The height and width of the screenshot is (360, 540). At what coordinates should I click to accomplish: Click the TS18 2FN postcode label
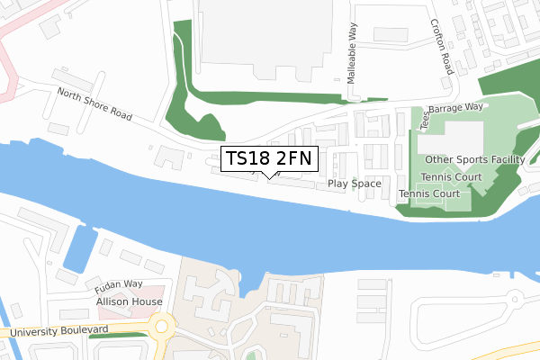pyautogui.click(x=268, y=159)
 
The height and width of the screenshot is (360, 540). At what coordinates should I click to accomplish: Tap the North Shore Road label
pyautogui.click(x=94, y=104)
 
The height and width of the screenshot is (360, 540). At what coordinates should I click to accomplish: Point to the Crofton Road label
pyautogui.click(x=440, y=47)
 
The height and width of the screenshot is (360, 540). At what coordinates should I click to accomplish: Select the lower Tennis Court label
pyautogui.click(x=429, y=193)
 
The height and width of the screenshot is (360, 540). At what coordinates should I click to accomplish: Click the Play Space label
pyautogui.click(x=355, y=184)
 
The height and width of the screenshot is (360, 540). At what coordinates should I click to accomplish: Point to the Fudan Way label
pyautogui.click(x=120, y=286)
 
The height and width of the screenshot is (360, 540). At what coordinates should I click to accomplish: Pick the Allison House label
pyautogui.click(x=130, y=301)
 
